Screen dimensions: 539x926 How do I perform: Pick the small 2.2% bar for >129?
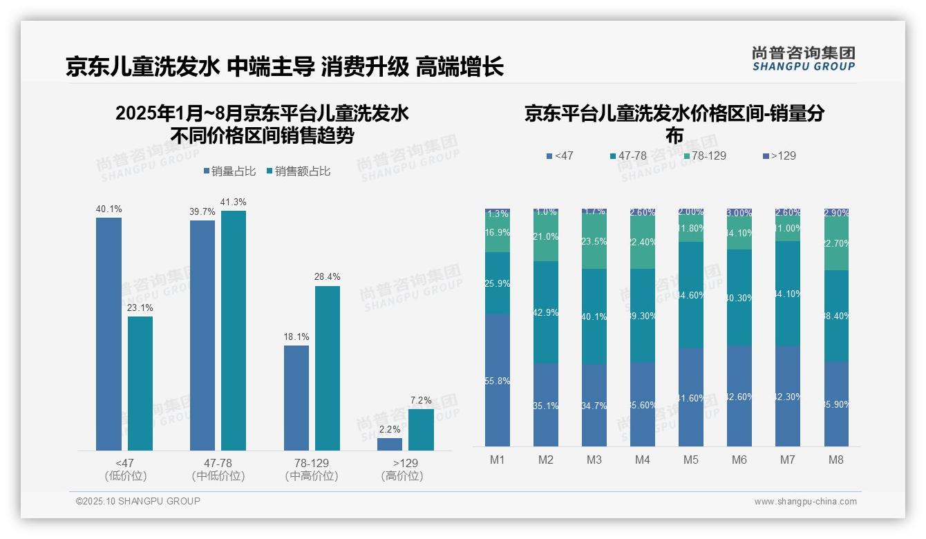pos(390,444)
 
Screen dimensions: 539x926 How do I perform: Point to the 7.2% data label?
pos(421,400)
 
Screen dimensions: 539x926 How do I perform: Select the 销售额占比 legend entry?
pos(298,171)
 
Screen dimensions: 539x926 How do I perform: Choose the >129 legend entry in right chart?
pos(779,155)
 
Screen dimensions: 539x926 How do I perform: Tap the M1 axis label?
pos(498,460)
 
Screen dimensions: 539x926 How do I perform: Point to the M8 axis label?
pos(836,460)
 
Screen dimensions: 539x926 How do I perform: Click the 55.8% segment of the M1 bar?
pos(498,380)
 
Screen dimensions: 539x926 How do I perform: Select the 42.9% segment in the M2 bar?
pos(546,312)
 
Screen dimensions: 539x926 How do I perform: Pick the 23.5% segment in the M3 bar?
pos(594,242)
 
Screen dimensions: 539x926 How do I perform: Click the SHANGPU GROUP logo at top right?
pos(803,59)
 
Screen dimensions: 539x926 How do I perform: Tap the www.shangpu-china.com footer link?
pos(805,502)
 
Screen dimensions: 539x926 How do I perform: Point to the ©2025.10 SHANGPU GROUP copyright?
pos(138,501)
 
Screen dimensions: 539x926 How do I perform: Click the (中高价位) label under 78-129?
pos(312,476)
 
